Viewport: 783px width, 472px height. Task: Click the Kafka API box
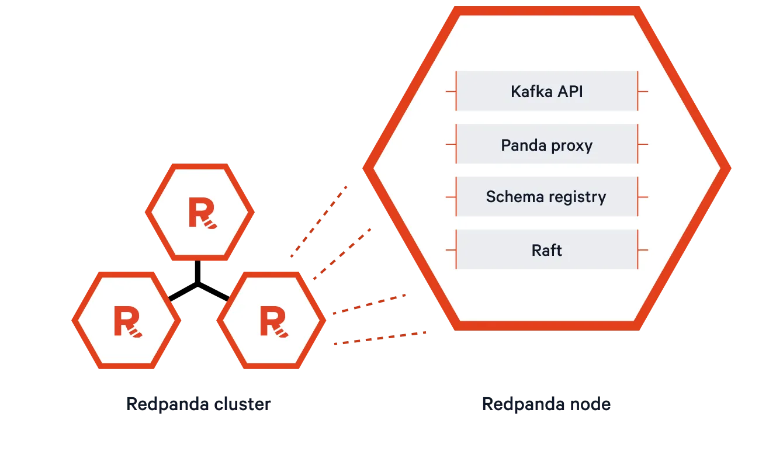(546, 91)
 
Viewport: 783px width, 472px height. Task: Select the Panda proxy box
(546, 144)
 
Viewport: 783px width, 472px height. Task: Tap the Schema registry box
(546, 197)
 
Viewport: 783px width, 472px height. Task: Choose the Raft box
(546, 250)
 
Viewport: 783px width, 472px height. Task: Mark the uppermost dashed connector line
(319, 221)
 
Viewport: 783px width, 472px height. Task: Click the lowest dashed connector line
(380, 338)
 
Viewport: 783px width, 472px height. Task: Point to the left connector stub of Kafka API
(451, 92)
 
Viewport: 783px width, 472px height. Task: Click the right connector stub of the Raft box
(643, 250)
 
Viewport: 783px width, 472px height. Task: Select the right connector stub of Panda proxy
(643, 144)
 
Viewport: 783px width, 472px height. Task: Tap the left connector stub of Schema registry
(451, 197)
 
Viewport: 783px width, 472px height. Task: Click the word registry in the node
(578, 197)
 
